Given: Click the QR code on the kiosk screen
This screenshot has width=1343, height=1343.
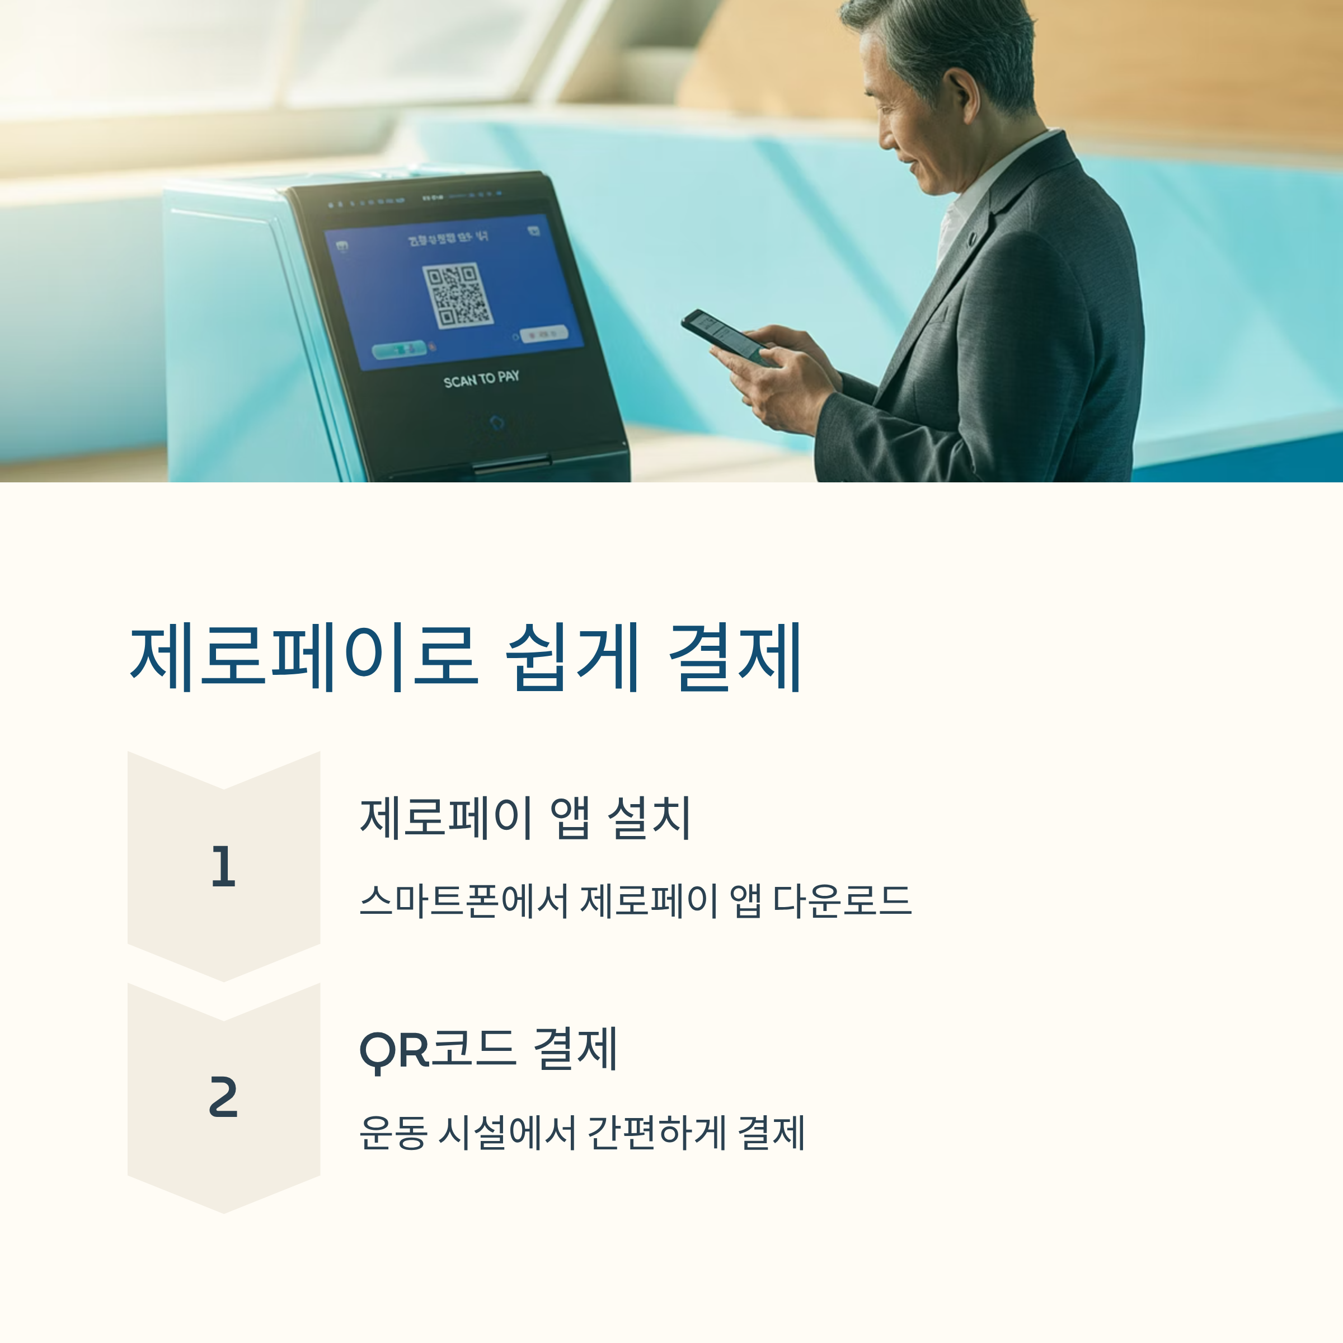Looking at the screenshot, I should point(457,295).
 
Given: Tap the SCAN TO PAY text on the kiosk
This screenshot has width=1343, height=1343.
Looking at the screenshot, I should point(481,379).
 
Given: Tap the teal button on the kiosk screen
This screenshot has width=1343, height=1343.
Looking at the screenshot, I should point(400,350).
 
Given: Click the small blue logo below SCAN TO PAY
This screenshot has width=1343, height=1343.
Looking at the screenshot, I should point(496,422).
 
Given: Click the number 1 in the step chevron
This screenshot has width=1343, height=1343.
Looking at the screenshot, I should point(223,867).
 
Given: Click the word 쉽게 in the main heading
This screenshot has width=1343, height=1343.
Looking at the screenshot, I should point(571,656).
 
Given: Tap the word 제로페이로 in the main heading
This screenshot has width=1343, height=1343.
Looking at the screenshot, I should point(303,656).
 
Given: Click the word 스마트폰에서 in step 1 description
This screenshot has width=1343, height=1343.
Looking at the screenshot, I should point(464,901).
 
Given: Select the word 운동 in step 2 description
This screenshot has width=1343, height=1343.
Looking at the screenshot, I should point(393,1133).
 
